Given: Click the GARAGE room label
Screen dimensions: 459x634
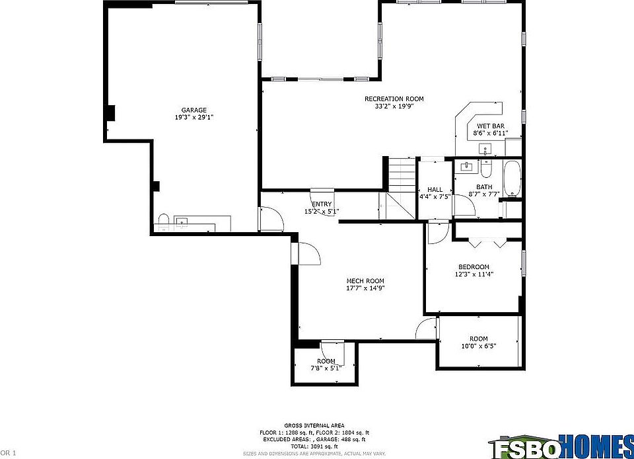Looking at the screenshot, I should pyautogui.click(x=194, y=110).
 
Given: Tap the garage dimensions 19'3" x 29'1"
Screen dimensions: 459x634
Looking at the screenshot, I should pyautogui.click(x=194, y=118).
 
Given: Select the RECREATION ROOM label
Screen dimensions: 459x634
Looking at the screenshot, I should pyautogui.click(x=394, y=99).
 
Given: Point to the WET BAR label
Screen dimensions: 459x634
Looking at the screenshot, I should pyautogui.click(x=491, y=126).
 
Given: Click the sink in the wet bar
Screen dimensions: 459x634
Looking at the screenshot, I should pyautogui.click(x=485, y=152).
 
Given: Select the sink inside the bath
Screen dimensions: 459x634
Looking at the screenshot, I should pyautogui.click(x=467, y=165).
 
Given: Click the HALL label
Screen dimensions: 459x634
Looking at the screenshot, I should pyautogui.click(x=435, y=190).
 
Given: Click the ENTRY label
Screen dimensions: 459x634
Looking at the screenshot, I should pyautogui.click(x=322, y=204).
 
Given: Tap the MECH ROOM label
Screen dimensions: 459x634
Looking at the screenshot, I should pyautogui.click(x=365, y=281).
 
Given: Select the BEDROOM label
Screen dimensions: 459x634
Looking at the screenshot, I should pyautogui.click(x=474, y=267).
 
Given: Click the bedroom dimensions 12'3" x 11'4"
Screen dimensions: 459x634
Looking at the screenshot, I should pyautogui.click(x=474, y=274).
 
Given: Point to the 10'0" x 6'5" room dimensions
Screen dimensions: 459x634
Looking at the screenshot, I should pyautogui.click(x=478, y=346).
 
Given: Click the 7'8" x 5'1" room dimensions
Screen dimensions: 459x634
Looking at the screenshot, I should pyautogui.click(x=326, y=368).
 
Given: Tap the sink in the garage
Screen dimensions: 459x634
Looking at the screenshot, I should pyautogui.click(x=182, y=221).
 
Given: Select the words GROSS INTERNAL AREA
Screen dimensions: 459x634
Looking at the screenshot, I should pyautogui.click(x=314, y=425).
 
